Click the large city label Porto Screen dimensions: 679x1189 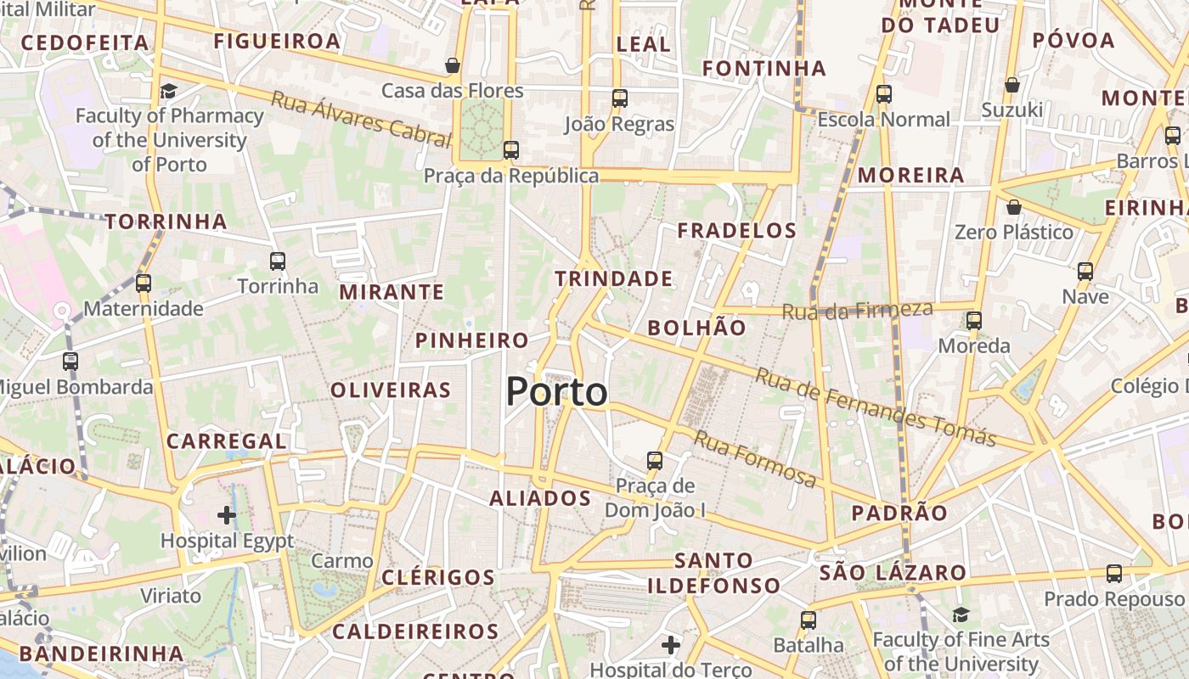coord(557,392)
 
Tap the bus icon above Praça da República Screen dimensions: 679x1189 coord(510,150)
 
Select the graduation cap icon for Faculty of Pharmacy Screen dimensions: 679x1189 coord(168,91)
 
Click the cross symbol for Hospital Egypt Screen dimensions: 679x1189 coord(227,515)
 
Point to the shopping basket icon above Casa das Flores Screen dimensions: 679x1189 coord(453,65)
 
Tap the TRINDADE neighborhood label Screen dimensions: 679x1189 coord(613,278)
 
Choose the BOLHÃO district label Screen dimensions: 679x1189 coord(696,328)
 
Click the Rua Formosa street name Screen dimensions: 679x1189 coord(755,460)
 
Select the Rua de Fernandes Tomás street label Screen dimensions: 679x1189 coord(875,407)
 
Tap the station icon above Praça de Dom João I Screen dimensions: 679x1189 coord(654,461)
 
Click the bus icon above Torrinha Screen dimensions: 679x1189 coord(277,261)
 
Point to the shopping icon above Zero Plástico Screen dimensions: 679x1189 coord(1013,207)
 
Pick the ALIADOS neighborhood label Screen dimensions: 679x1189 coord(540,498)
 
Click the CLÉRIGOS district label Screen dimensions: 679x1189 coord(438,577)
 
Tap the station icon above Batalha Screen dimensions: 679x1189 coord(808,620)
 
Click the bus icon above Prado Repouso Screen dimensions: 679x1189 coord(1113,574)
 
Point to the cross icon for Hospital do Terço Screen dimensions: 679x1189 coord(671,645)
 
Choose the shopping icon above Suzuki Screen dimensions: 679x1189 coord(1011,85)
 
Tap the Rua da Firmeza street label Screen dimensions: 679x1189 coord(857,311)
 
